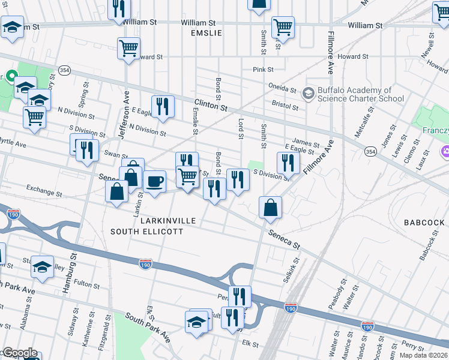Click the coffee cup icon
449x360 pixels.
click(x=154, y=181)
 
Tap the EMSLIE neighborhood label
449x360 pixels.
click(x=206, y=33)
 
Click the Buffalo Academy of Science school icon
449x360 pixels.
click(x=309, y=94)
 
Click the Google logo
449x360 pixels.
click(x=19, y=353)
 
